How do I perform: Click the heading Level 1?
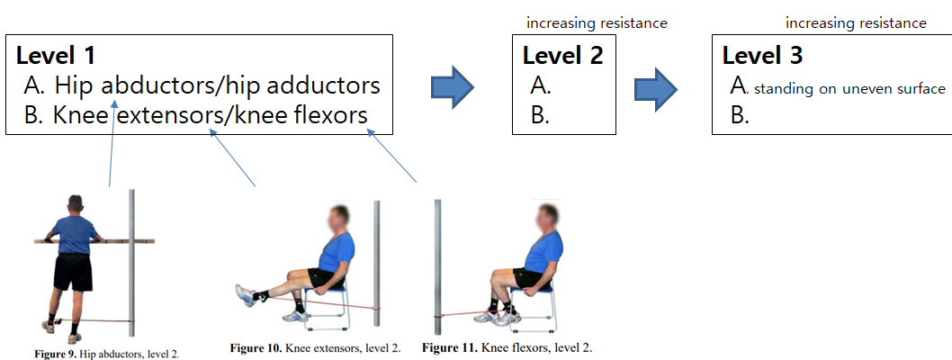click(59, 55)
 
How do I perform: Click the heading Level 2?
click(563, 56)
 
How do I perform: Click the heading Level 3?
click(763, 56)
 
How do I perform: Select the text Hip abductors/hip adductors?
click(217, 85)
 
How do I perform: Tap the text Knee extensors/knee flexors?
click(211, 115)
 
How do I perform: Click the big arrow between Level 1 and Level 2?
click(453, 85)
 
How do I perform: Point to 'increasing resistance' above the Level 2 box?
click(597, 22)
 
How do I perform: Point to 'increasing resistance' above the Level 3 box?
click(856, 22)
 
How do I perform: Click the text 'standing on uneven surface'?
click(849, 88)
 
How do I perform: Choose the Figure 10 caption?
click(315, 347)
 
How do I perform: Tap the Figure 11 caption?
click(507, 347)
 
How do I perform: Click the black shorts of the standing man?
click(74, 272)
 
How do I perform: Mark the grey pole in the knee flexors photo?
click(438, 261)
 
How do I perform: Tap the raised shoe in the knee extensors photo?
click(244, 294)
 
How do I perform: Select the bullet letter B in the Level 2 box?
click(540, 115)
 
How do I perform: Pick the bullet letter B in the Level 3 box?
click(740, 115)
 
